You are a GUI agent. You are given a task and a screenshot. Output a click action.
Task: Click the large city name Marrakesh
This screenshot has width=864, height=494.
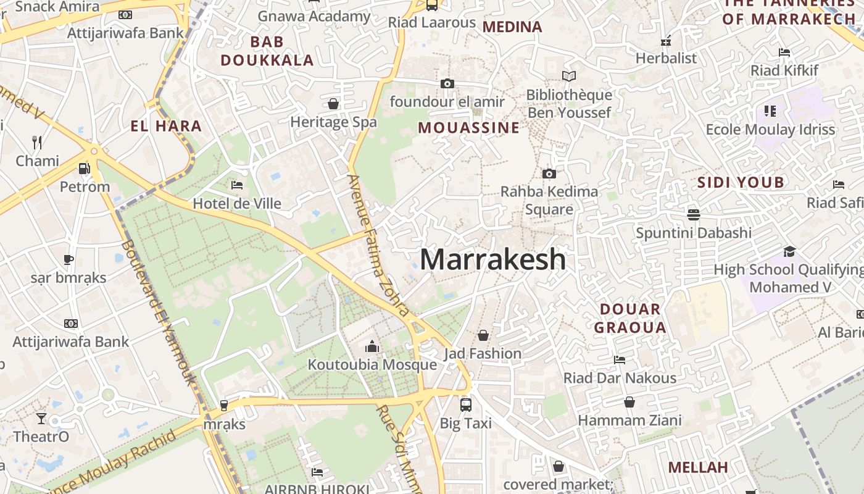point(492,259)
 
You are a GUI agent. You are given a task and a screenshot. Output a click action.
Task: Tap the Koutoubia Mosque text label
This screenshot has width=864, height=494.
point(372,364)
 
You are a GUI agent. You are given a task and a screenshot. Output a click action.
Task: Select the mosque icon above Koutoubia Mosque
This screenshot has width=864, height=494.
point(372,346)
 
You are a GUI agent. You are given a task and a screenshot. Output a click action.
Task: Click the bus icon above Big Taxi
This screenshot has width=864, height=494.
point(466,405)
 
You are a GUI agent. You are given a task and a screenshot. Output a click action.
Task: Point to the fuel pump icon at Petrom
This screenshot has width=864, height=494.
point(85,168)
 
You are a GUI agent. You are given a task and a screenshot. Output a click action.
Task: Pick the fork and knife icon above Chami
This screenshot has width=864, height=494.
point(37,143)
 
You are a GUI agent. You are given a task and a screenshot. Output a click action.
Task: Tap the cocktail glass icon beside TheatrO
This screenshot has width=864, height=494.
point(41,419)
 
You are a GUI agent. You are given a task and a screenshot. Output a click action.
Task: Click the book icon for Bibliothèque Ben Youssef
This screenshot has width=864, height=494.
point(568,77)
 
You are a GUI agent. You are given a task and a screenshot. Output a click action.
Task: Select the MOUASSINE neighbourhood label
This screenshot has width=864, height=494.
point(469,128)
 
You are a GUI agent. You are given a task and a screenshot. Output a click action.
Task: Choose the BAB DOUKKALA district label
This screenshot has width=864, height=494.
point(267,51)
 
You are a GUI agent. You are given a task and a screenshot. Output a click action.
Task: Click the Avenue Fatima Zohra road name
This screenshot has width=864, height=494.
point(378,245)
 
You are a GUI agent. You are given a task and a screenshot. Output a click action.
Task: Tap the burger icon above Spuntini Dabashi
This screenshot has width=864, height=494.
point(694,215)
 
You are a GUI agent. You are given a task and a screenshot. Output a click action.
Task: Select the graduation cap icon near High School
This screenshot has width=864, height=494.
point(789,251)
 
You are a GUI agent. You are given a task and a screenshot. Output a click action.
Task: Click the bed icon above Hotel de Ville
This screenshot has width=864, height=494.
point(236,185)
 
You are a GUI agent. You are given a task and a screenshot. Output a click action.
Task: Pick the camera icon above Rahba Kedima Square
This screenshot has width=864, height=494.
point(549,174)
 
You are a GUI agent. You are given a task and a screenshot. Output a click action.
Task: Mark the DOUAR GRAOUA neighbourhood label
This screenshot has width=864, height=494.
point(630,318)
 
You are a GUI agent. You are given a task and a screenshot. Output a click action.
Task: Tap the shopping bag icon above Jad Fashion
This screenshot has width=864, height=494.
point(483,335)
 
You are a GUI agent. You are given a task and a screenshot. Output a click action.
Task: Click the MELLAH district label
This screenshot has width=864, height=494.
point(698,467)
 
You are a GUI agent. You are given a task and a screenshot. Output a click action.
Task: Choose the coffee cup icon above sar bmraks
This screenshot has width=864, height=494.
point(69,259)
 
